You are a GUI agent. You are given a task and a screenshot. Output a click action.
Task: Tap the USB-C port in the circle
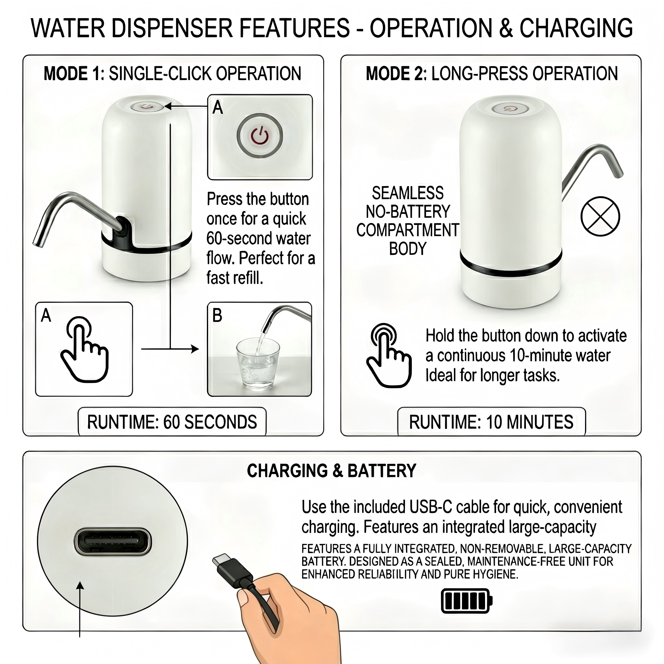pyautogui.click(x=113, y=542)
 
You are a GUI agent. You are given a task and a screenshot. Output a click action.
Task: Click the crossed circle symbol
pyautogui.click(x=600, y=216)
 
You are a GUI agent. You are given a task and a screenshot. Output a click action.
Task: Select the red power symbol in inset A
pyautogui.click(x=260, y=136)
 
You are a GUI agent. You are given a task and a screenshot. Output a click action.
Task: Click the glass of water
pyautogui.click(x=257, y=364)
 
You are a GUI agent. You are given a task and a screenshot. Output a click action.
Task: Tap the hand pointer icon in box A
pyautogui.click(x=84, y=349)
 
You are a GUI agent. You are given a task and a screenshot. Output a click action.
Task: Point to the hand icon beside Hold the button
pyautogui.click(x=388, y=355)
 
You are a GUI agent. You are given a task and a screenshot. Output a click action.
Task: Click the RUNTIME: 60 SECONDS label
pyautogui.click(x=172, y=422)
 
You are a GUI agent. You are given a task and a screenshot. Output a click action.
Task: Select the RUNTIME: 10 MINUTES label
pyautogui.click(x=491, y=422)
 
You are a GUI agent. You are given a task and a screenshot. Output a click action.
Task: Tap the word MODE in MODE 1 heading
pyautogui.click(x=65, y=74)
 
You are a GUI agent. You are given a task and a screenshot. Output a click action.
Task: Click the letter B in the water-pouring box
pyautogui.click(x=217, y=315)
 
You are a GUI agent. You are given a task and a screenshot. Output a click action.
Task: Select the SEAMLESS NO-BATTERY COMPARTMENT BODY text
pyautogui.click(x=408, y=221)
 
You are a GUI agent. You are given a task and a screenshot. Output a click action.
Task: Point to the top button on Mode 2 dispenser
pyautogui.click(x=510, y=109)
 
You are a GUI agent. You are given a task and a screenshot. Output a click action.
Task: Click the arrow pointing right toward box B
pyautogui.click(x=170, y=349)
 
